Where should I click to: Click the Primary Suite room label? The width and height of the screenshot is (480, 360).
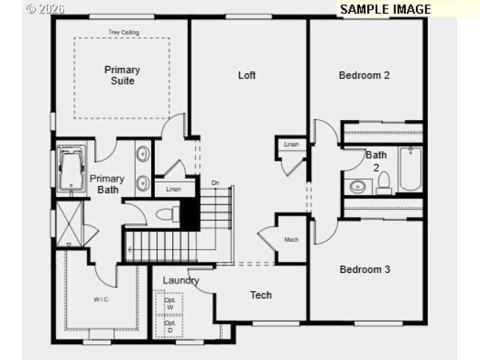point(122,75)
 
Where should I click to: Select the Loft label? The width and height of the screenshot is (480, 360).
point(247,75)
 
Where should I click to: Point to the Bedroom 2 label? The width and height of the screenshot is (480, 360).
point(364,75)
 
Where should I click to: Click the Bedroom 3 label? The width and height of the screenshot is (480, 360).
point(365,269)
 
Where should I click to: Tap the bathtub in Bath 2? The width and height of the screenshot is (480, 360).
point(411,169)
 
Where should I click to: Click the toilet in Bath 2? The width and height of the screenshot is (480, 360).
point(384,183)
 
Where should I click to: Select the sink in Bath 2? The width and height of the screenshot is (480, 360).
point(358,185)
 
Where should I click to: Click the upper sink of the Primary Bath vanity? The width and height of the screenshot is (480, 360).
point(143,155)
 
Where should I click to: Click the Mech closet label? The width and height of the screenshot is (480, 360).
point(292,239)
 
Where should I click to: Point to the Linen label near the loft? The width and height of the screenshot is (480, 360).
point(292,145)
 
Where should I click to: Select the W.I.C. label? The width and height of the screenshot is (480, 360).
point(101,299)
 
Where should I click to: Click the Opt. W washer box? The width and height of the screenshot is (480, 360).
point(169,304)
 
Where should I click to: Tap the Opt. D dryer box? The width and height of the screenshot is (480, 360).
point(169,326)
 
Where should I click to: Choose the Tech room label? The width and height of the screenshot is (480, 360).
point(261,295)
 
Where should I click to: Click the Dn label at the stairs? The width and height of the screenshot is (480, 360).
point(215,182)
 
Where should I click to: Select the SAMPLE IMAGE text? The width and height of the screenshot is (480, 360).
point(385,9)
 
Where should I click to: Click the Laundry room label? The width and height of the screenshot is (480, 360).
point(181,280)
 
